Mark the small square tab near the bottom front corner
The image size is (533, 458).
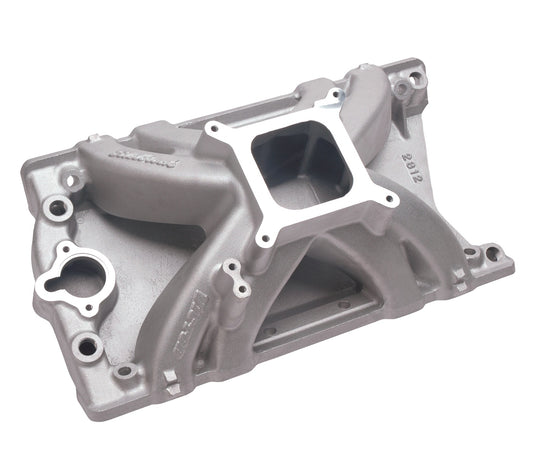coord(170,379)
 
